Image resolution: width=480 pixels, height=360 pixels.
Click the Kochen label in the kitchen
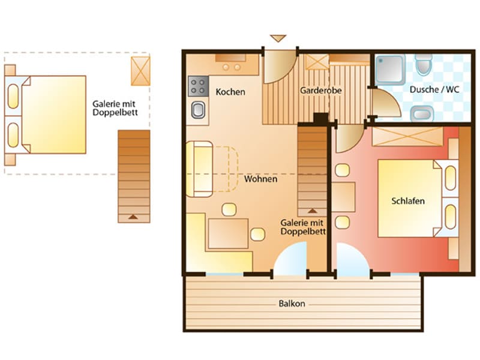[x=230, y=92]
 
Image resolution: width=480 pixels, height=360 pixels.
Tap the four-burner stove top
[x=199, y=86]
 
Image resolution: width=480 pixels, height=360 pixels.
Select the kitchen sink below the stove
[x=199, y=110]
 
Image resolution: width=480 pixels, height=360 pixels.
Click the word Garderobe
[x=320, y=91]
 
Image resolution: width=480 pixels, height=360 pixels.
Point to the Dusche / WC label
[x=434, y=89]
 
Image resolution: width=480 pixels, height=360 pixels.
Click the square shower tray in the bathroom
[x=389, y=70]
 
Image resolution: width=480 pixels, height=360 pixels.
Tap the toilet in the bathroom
[x=424, y=65]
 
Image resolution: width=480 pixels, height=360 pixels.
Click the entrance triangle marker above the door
[x=278, y=38]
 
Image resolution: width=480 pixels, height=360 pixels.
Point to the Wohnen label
[x=260, y=179]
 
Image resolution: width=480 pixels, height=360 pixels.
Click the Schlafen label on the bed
[x=408, y=201]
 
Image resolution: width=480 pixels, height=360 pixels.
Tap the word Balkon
[x=292, y=304]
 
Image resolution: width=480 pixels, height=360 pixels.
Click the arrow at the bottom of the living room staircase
[x=312, y=211]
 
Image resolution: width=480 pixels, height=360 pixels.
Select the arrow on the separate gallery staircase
[x=133, y=217]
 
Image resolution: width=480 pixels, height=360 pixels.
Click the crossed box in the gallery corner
[x=140, y=71]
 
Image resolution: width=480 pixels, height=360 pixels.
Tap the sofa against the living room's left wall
[x=199, y=169]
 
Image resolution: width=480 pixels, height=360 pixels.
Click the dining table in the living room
[x=228, y=233]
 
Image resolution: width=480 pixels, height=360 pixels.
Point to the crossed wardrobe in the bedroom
[x=407, y=136]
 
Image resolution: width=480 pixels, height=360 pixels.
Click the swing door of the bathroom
[x=386, y=103]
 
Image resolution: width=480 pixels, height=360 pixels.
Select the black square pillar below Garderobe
[x=321, y=119]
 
